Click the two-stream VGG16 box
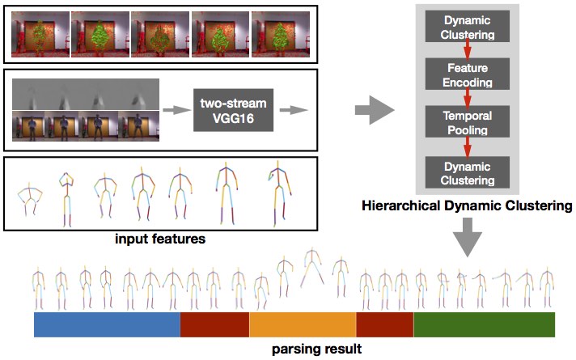tap(233, 110)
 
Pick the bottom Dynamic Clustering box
tap(468, 172)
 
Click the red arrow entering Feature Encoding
tap(468, 49)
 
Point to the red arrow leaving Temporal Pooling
tap(468, 146)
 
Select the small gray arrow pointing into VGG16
tap(176, 110)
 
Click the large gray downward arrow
tap(468, 237)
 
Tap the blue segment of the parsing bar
tap(107, 324)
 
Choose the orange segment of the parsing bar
tap(303, 324)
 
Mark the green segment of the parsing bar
tap(484, 324)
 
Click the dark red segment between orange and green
tap(385, 324)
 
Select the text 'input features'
tap(160, 239)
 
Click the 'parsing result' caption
tap(316, 349)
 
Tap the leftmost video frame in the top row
tap(40, 34)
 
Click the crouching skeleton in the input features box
tap(30, 198)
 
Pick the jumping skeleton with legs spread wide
tap(312, 268)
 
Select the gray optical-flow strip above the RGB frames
tap(86, 95)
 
